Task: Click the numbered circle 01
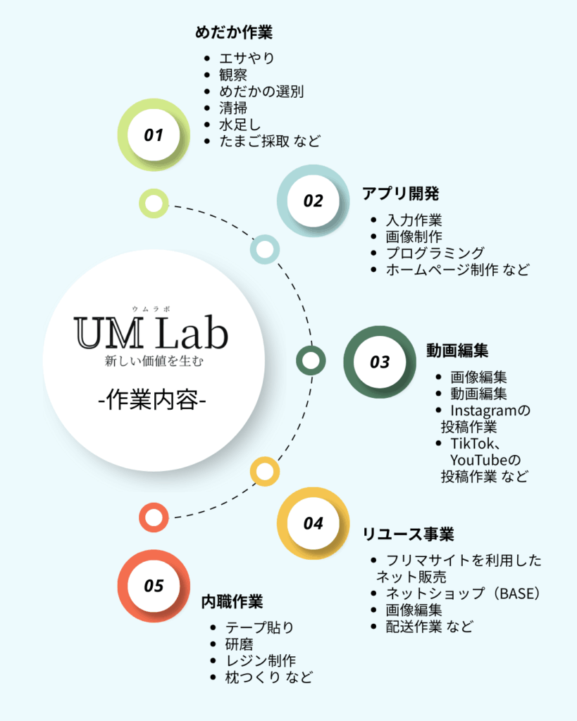pos(154,134)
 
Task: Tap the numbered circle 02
pos(313,201)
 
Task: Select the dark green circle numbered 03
pos(380,362)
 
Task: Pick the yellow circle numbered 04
pos(314,523)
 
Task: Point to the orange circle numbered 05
pos(154,585)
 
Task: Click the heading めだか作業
pos(233,32)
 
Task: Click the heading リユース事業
pos(408,534)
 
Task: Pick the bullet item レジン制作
pos(261,660)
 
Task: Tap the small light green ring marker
pos(154,203)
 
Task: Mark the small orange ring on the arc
pos(154,517)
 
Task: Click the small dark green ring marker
pos(311,360)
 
